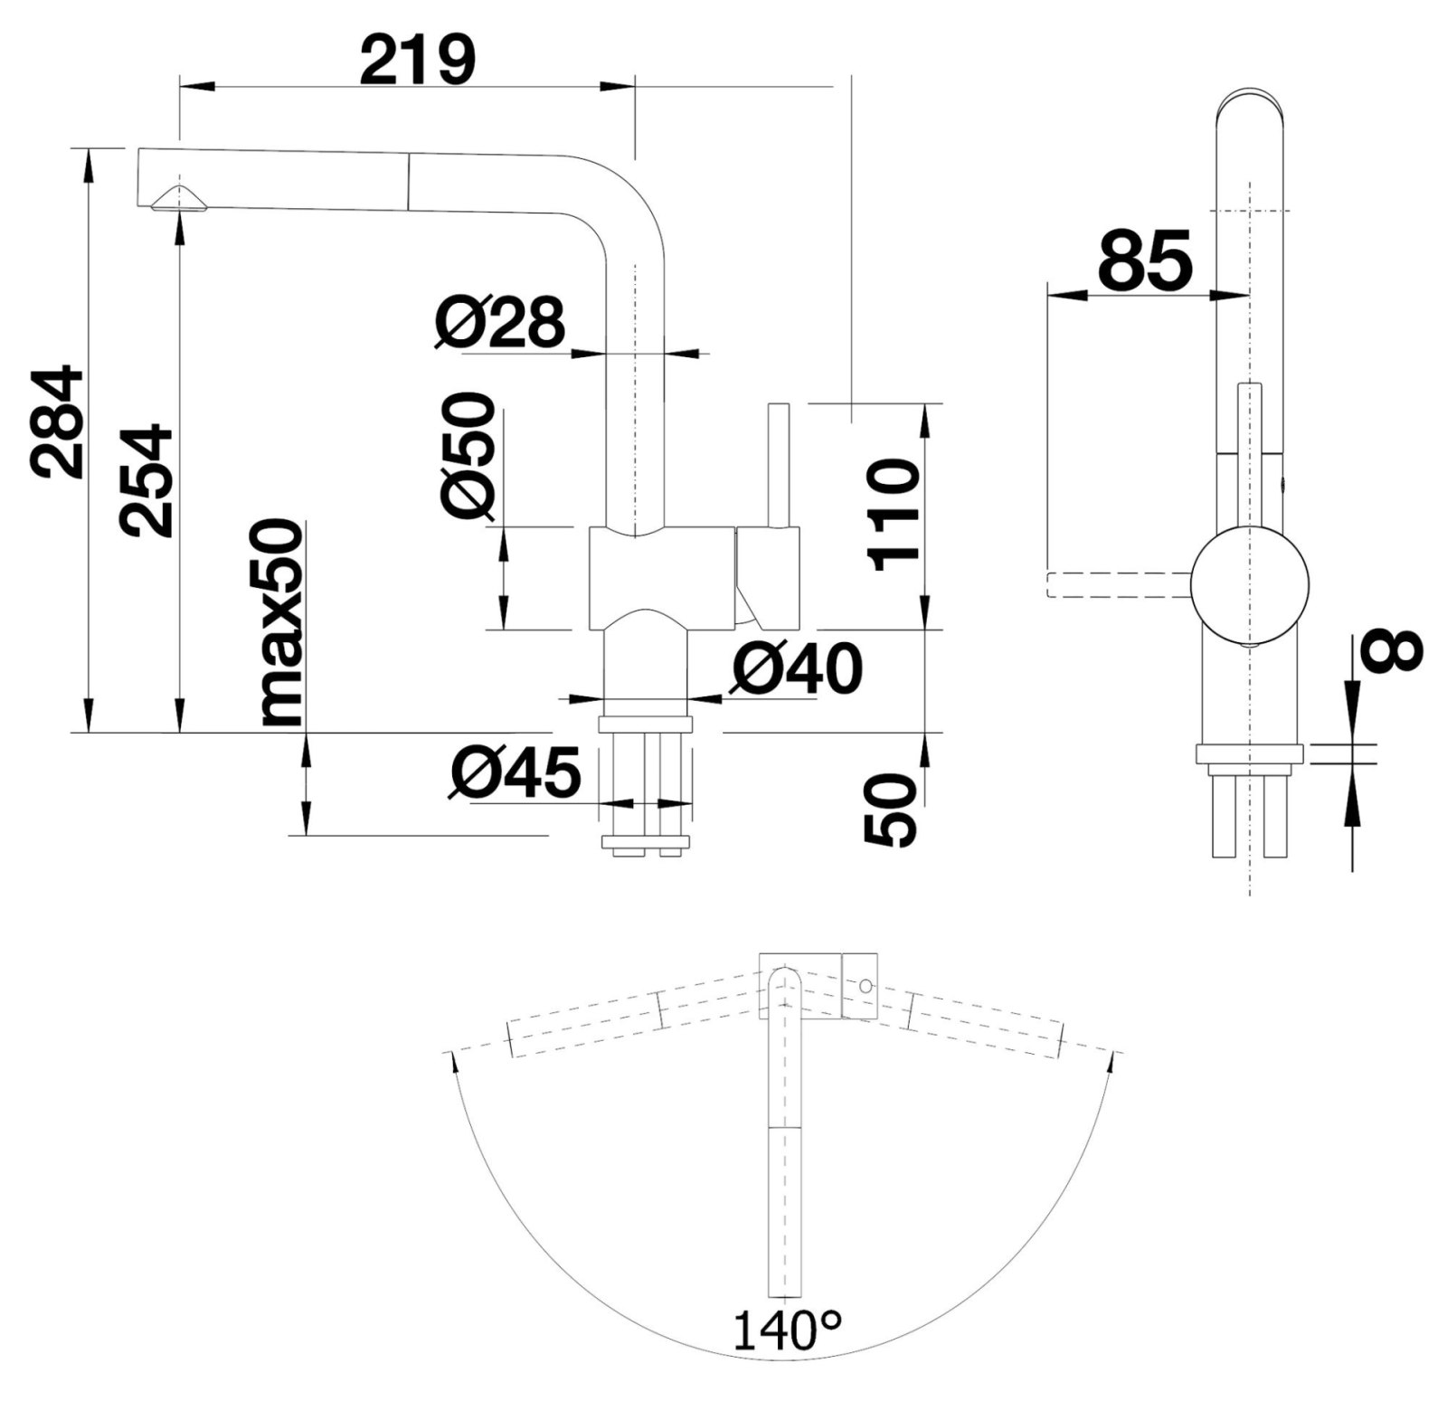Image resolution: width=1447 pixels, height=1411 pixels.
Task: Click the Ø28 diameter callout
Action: point(499,321)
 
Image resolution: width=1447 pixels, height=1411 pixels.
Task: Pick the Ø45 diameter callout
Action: point(515,775)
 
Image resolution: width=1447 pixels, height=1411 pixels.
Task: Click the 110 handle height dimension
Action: point(893,515)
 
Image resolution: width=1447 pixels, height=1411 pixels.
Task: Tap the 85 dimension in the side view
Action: point(1145,260)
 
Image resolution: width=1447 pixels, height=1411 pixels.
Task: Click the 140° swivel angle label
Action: point(786,1355)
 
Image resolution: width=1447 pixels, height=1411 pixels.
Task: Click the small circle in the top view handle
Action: point(865,986)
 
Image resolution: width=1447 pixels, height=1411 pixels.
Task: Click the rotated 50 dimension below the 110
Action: point(891,810)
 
